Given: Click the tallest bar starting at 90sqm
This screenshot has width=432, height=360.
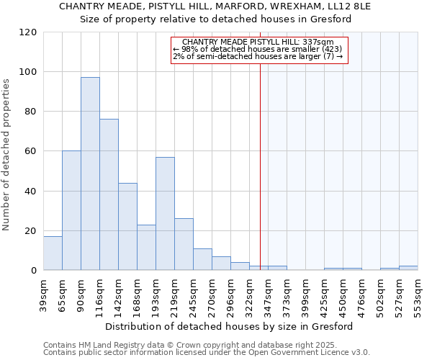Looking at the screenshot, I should (90, 174).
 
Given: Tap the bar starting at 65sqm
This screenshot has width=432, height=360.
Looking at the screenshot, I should (71, 210).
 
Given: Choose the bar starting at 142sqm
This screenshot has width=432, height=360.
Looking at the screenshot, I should (127, 227).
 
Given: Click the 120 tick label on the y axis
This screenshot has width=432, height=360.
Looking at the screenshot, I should (28, 32).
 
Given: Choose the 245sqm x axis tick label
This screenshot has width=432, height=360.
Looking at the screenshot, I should (194, 293).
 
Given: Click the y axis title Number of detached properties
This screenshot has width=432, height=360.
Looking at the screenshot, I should (7, 155).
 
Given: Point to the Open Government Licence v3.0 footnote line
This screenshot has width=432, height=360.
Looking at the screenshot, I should (207, 352).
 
